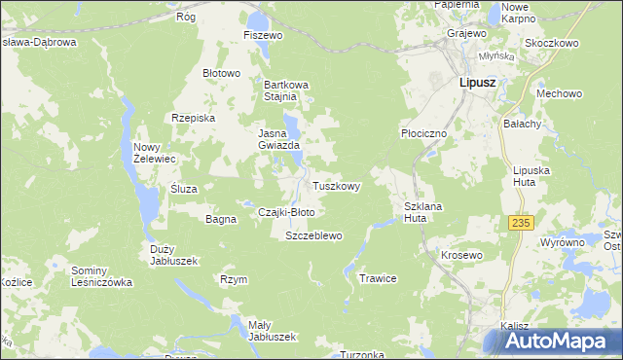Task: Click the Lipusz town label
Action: (x=477, y=84)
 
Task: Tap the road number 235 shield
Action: (x=521, y=223)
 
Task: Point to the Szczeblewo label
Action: (x=312, y=236)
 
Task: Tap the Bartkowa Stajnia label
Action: (x=286, y=90)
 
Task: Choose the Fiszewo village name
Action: (x=262, y=35)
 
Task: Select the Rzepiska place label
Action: (x=192, y=118)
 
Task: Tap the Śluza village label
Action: (x=183, y=189)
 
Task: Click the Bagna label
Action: (x=221, y=219)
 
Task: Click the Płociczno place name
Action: (x=422, y=132)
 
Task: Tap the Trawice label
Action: (x=378, y=278)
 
